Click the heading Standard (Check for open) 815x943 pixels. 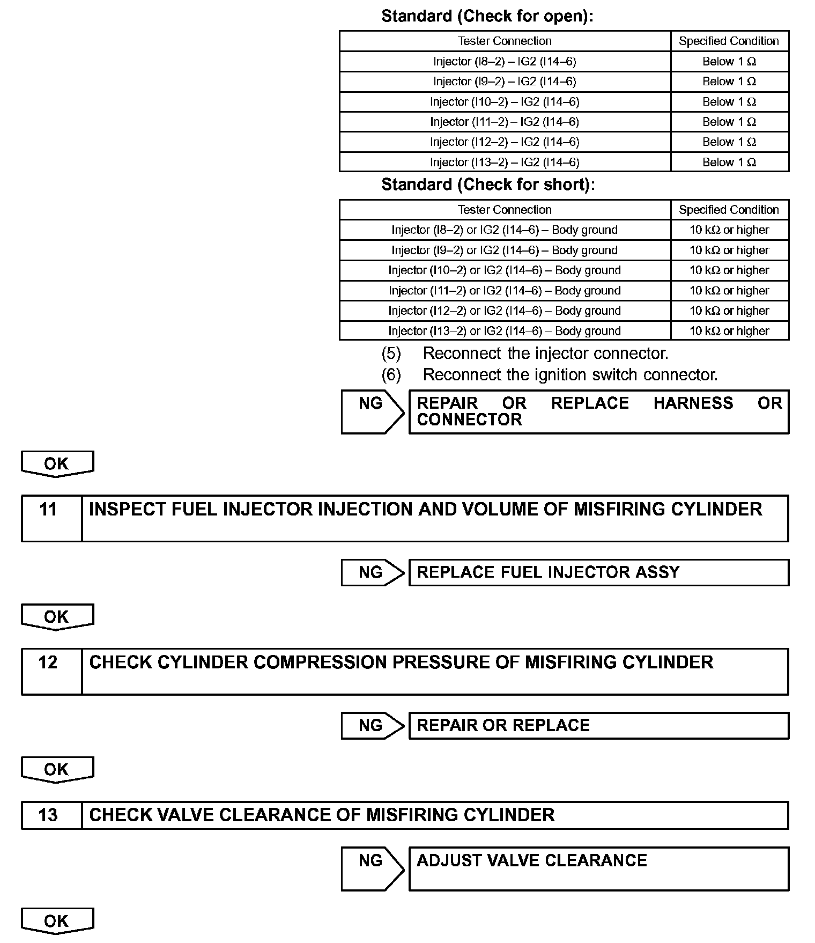click(x=487, y=16)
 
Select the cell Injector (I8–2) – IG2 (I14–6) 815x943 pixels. click(x=505, y=62)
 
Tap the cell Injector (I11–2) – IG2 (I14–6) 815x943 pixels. click(x=505, y=122)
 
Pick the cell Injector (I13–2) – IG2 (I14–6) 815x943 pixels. click(x=505, y=163)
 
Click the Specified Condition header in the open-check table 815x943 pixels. click(x=729, y=41)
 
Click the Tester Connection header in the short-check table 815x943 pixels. click(x=505, y=210)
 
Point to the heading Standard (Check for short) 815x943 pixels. click(x=488, y=185)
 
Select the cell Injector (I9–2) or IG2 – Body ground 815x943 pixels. click(x=505, y=251)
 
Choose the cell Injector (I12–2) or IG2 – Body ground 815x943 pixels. click(x=505, y=311)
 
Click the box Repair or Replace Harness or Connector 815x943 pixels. click(x=598, y=411)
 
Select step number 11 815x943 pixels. click(x=49, y=509)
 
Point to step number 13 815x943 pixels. click(x=49, y=815)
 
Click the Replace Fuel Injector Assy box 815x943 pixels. click(x=598, y=572)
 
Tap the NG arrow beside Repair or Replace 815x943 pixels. click(x=372, y=725)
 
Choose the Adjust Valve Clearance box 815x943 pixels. click(x=598, y=868)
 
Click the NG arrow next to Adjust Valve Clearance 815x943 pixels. click(x=372, y=868)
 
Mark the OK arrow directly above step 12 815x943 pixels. click(x=57, y=617)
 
